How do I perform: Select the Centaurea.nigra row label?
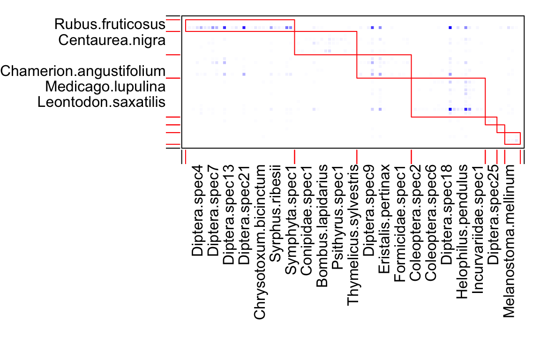pyautogui.click(x=112, y=40)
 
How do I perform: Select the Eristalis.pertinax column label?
pyautogui.click(x=384, y=218)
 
